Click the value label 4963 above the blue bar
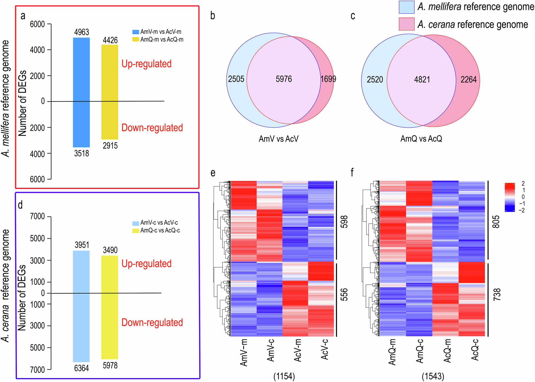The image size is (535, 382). coord(82,32)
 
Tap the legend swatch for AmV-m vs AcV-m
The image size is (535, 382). coord(136,32)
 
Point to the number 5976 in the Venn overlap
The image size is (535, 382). coord(284,79)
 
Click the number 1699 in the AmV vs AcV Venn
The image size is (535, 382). coord(328,79)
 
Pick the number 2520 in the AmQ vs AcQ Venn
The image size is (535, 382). coord(375,80)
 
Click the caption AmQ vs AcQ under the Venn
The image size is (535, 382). coord(421,139)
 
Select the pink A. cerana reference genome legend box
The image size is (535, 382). coord(406,24)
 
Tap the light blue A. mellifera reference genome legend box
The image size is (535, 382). coord(406,7)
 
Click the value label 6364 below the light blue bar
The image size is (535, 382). coord(82,368)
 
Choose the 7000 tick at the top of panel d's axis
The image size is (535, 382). coord(37,216)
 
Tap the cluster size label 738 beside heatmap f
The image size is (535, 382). coord(496,294)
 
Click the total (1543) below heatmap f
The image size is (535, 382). coord(433,376)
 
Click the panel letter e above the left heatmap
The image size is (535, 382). coord(213,173)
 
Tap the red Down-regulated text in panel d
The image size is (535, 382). coord(152,323)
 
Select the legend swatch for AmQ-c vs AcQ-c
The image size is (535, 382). coord(136,231)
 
